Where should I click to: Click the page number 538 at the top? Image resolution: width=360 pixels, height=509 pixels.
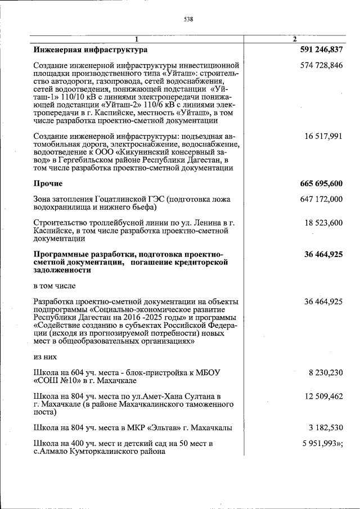click(x=188, y=19)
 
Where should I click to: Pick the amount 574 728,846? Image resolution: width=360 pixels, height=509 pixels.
click(x=323, y=66)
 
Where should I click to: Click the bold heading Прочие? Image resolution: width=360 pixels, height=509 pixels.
click(x=48, y=183)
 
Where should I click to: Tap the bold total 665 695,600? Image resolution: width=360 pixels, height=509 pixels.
click(x=321, y=183)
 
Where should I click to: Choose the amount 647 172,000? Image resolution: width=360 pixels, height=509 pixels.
click(x=323, y=199)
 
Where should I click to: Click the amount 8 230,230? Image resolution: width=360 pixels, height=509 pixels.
click(x=326, y=372)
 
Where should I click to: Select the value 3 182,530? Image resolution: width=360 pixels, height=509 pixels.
click(x=326, y=428)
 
